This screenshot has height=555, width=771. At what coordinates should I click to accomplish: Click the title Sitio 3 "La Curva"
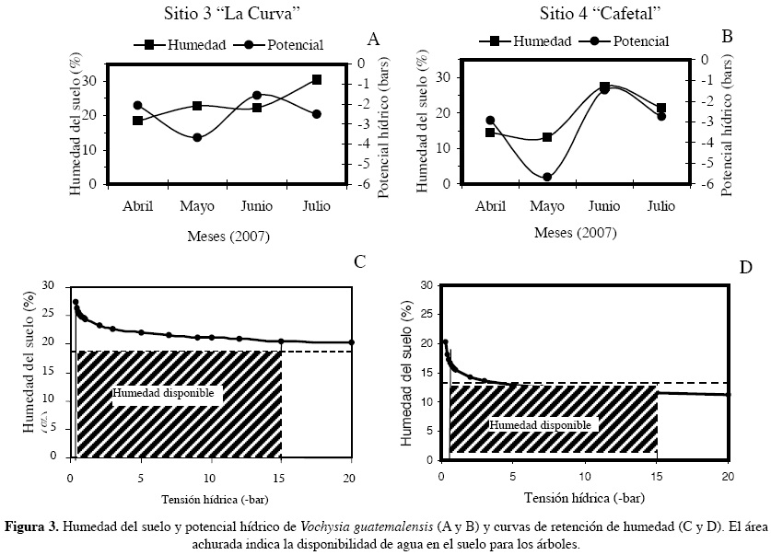click(221, 12)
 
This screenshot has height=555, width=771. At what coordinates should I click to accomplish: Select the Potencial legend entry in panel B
click(631, 40)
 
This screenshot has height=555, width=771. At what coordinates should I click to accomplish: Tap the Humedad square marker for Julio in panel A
click(317, 80)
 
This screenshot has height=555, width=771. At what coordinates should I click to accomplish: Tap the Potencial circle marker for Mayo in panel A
click(197, 137)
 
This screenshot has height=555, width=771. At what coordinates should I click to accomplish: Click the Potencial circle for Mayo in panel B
click(547, 177)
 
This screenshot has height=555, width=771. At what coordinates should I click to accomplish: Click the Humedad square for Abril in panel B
click(490, 133)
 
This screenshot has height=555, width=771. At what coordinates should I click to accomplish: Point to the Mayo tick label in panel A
click(197, 204)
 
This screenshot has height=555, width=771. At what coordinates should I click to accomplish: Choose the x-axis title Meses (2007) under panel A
click(228, 237)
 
